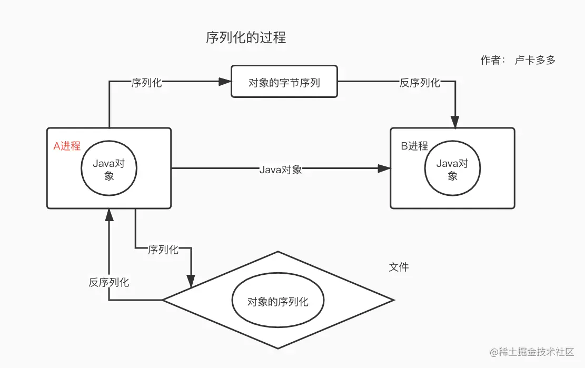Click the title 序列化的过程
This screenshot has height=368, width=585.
click(x=245, y=38)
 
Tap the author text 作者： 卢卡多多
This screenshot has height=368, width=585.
click(x=518, y=60)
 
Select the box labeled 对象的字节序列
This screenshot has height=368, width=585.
click(x=284, y=82)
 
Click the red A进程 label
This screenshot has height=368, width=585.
click(x=67, y=146)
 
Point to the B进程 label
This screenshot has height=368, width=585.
click(x=414, y=146)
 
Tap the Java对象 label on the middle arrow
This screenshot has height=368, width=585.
click(x=281, y=170)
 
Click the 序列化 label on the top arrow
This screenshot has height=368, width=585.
click(x=146, y=83)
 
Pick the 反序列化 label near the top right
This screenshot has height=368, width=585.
click(x=420, y=83)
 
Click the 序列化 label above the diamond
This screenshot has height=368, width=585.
click(x=163, y=250)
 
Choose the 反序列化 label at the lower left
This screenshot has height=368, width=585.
click(x=109, y=282)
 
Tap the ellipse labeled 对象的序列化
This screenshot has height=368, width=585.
click(x=278, y=302)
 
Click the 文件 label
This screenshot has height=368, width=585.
click(x=399, y=267)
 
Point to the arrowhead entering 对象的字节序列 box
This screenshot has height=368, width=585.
click(x=225, y=82)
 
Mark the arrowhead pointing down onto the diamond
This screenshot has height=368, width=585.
click(x=191, y=281)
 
